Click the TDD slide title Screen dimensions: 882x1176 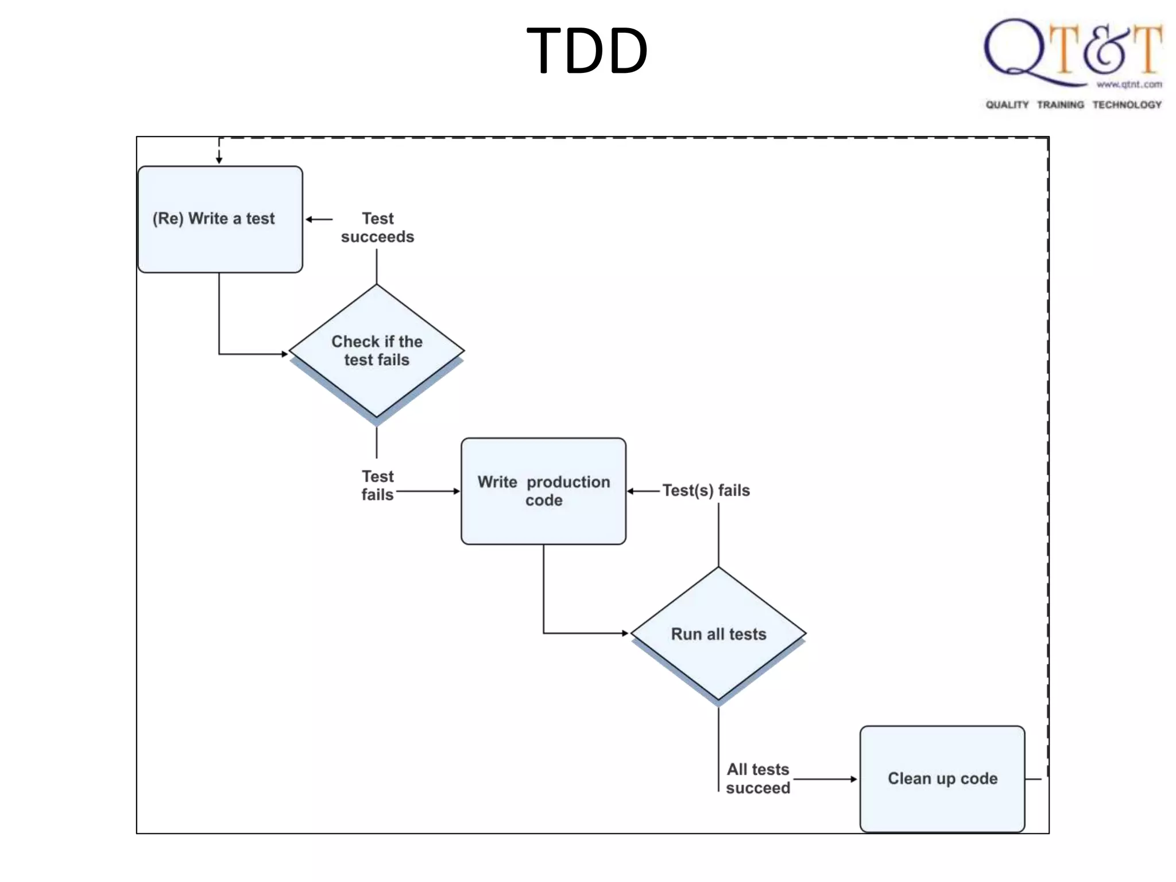587,51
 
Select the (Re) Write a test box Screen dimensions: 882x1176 220,219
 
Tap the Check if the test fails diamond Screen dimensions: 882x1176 377,350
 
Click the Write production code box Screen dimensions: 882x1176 543,491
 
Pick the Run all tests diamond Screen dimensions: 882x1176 718,633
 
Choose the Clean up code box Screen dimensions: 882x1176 942,779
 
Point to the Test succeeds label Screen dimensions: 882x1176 377,227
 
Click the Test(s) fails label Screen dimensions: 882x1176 706,490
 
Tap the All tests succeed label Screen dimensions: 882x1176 757,779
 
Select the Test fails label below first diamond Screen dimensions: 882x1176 377,485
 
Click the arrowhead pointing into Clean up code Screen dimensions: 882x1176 853,779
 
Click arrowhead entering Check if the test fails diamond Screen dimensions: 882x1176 284,354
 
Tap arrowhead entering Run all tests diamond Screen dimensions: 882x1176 625,633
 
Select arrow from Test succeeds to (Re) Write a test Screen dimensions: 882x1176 319,219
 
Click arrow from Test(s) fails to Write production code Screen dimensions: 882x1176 643,491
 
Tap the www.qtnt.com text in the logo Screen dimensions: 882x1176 1129,84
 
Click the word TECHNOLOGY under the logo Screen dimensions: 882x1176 1127,105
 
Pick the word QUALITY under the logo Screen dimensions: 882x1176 1007,105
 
